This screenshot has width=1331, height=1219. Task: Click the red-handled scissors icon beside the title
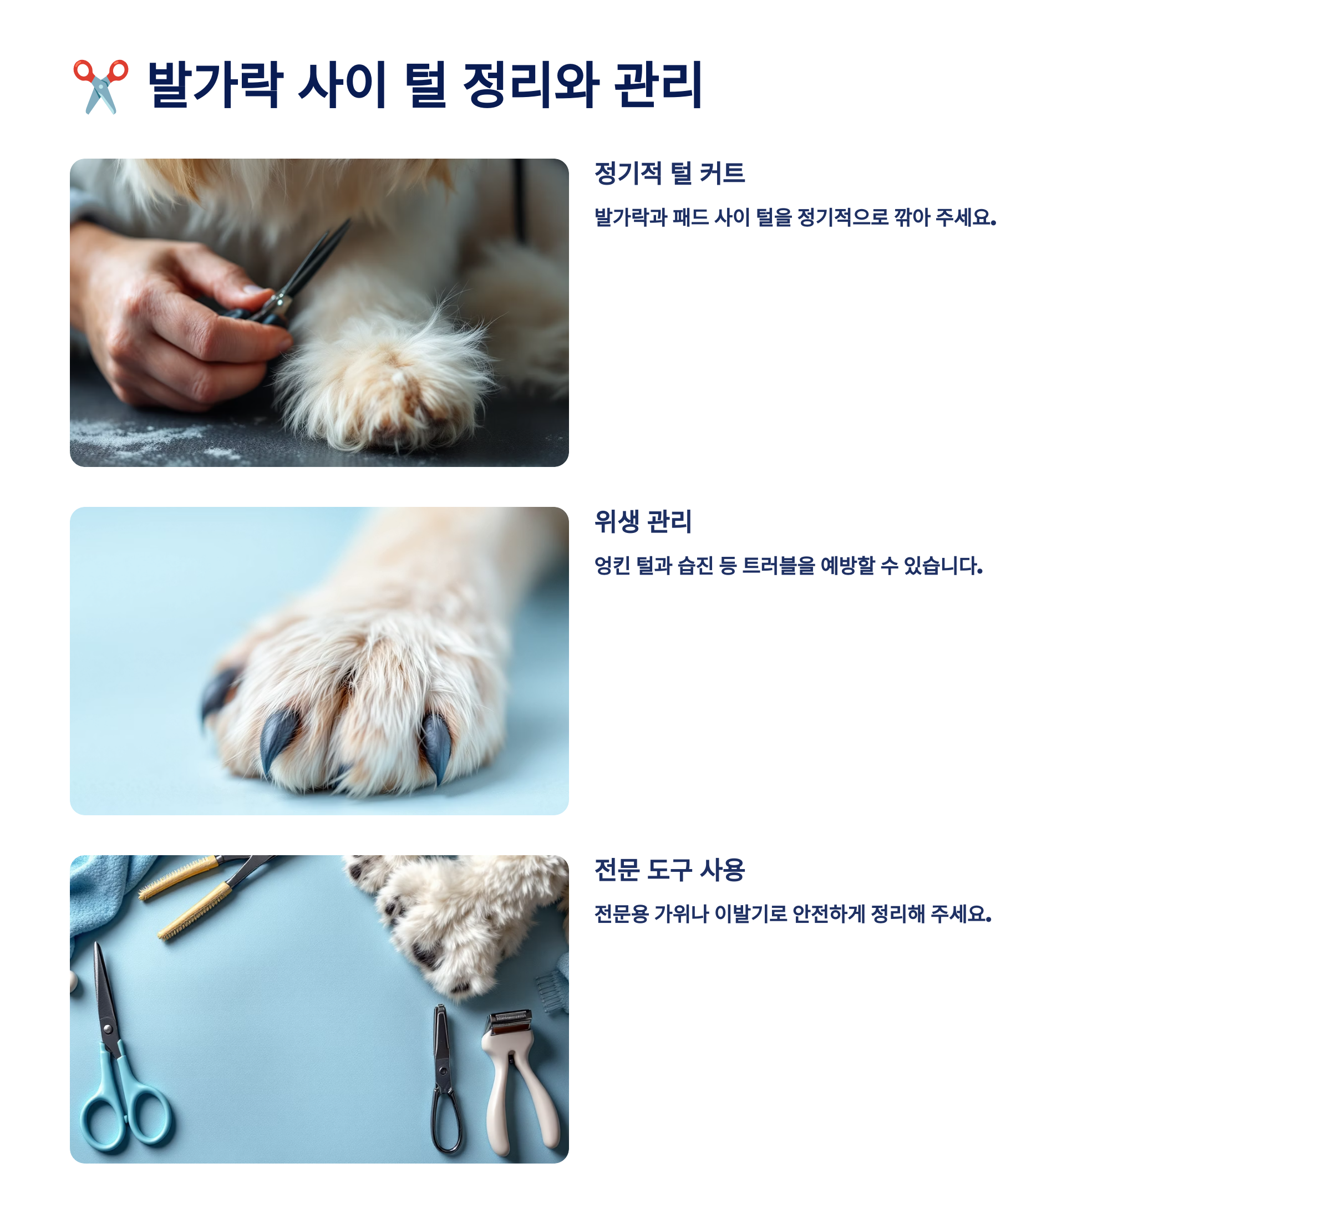pyautogui.click(x=100, y=86)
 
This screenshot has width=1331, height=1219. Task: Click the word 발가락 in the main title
pyautogui.click(x=215, y=84)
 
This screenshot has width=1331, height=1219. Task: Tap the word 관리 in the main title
pyautogui.click(x=658, y=84)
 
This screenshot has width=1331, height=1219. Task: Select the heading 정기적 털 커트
pyautogui.click(x=669, y=173)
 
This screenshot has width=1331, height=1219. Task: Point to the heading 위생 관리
pyautogui.click(x=643, y=521)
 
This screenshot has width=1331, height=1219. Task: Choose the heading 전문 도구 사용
pyautogui.click(x=669, y=870)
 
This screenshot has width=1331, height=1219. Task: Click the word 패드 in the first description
pyautogui.click(x=690, y=217)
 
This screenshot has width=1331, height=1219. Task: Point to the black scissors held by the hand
pyautogui.click(x=297, y=277)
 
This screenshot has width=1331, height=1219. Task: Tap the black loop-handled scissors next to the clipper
pyautogui.click(x=444, y=1080)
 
